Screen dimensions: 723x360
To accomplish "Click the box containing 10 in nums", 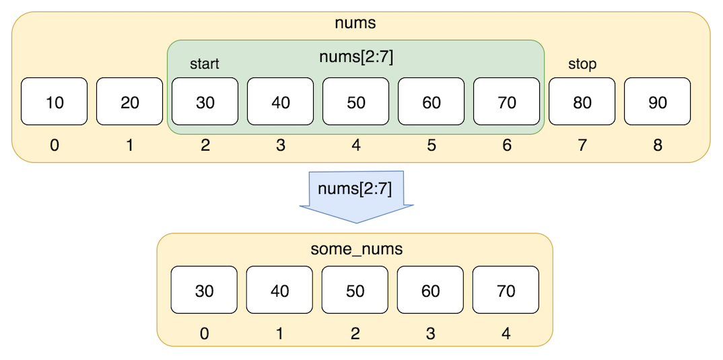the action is click(x=54, y=102).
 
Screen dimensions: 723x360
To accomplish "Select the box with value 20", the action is click(x=129, y=102).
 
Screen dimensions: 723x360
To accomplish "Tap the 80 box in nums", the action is click(x=582, y=102).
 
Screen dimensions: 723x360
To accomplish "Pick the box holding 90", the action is click(x=658, y=102).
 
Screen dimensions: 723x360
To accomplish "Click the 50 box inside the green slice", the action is click(x=355, y=102).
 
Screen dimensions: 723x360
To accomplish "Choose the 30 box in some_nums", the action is click(x=204, y=290).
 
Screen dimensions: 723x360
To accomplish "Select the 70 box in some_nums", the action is click(x=506, y=290).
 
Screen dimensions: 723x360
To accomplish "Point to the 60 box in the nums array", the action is click(x=431, y=102).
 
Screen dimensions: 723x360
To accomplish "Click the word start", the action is click(x=204, y=65).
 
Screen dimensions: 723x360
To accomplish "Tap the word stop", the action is click(x=582, y=65).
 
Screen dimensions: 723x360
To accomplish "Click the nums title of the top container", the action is click(x=355, y=23).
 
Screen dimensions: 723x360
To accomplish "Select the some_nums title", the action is click(x=356, y=250).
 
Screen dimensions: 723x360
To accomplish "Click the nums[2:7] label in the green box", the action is click(x=356, y=58).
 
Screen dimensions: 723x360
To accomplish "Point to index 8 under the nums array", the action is click(x=658, y=145).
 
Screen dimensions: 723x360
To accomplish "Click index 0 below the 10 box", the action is click(x=55, y=145).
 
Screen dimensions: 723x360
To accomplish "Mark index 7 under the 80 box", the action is click(x=582, y=145).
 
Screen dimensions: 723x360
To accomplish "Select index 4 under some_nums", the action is click(x=506, y=333).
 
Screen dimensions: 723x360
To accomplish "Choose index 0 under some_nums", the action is click(x=204, y=333).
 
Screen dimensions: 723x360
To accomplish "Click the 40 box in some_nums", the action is click(x=279, y=290).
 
